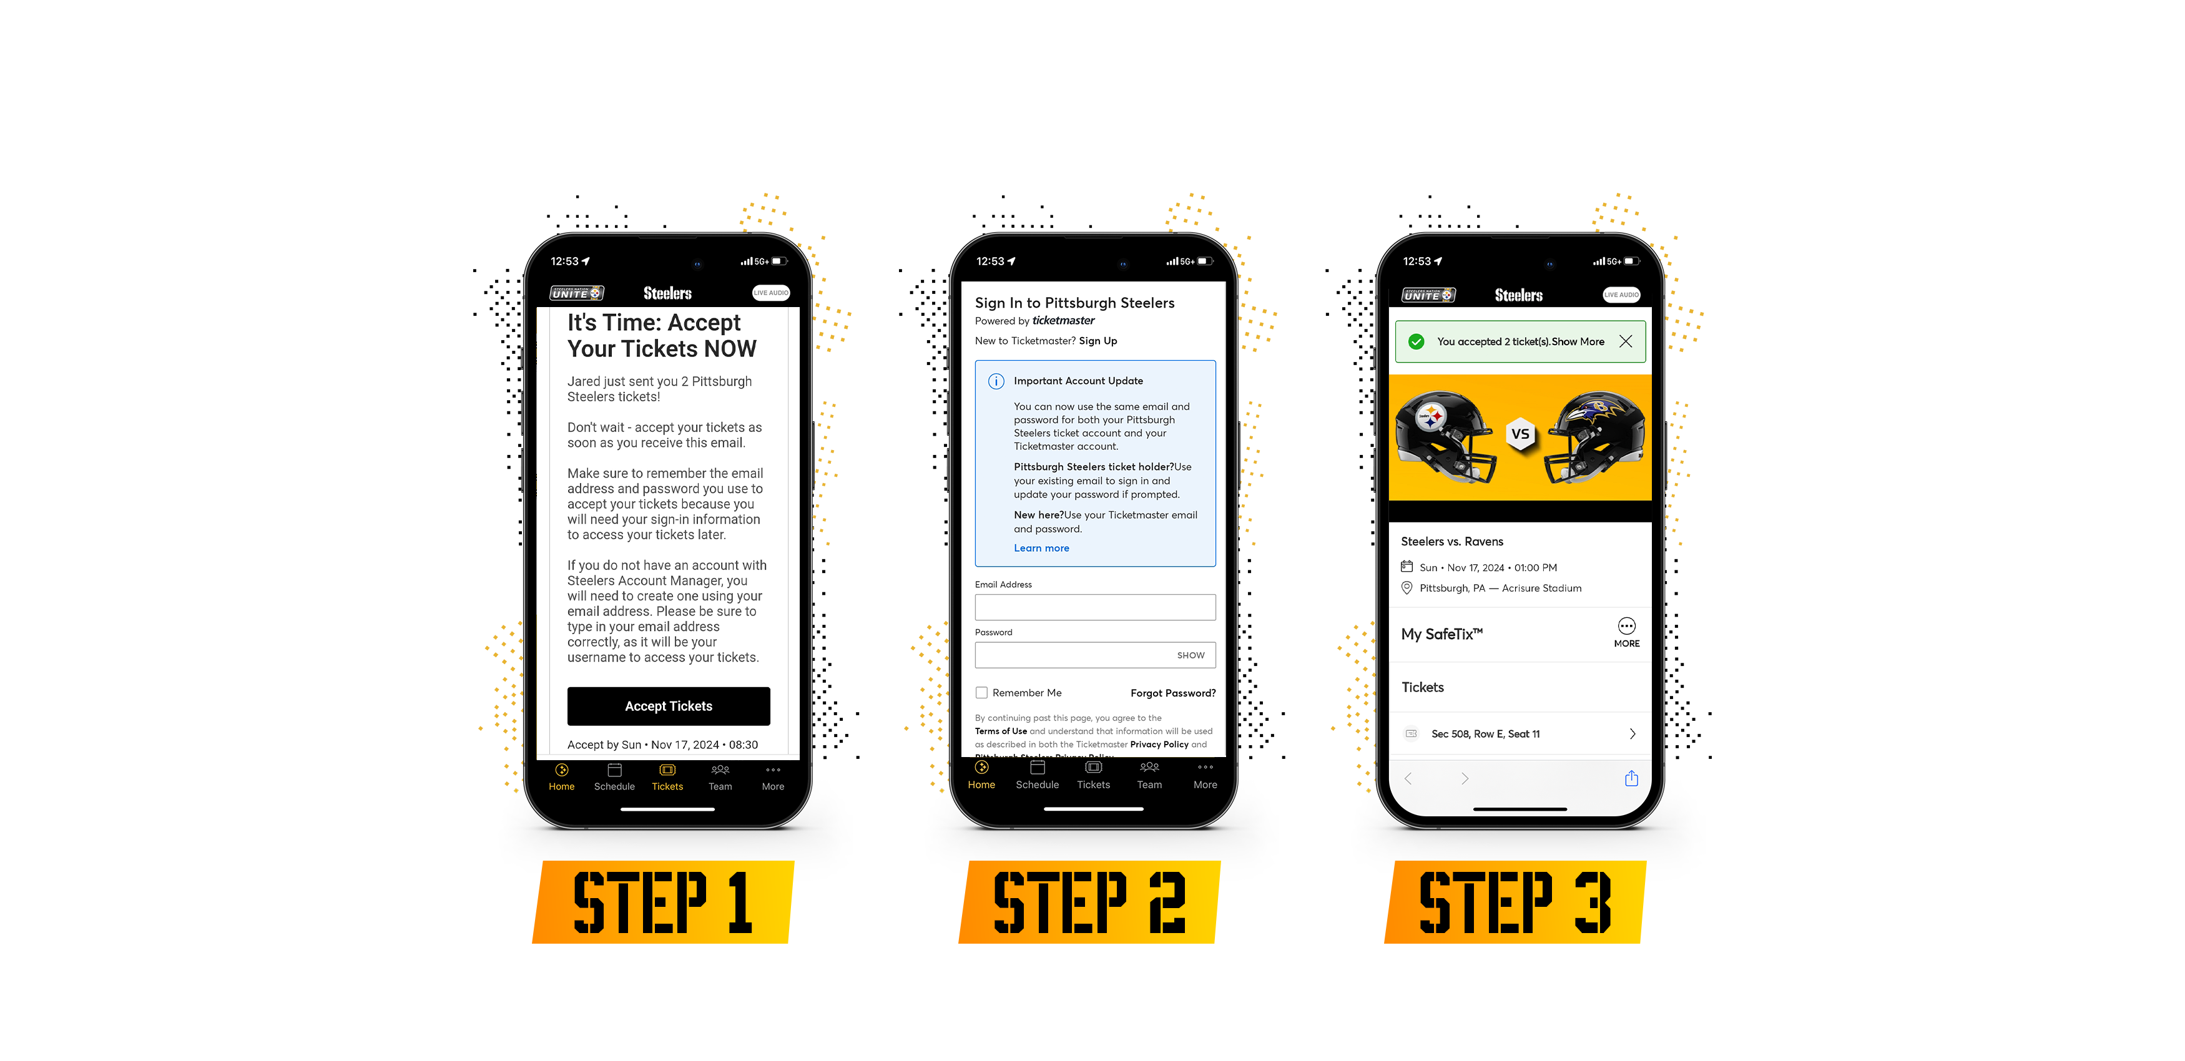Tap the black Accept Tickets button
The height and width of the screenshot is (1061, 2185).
click(x=669, y=706)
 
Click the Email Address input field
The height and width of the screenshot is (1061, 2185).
click(x=1094, y=607)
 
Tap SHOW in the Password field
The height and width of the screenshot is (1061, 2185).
click(x=1190, y=655)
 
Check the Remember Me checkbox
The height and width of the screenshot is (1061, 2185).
click(x=981, y=693)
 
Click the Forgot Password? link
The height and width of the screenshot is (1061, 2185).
click(x=1172, y=693)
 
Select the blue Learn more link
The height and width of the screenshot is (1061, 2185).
click(x=1041, y=548)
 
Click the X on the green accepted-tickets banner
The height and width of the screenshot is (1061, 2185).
click(x=1625, y=341)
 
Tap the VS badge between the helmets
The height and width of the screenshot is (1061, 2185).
click(x=1520, y=434)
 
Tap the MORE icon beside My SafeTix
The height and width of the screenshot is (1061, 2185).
click(x=1626, y=632)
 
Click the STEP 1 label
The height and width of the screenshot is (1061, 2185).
click(x=662, y=902)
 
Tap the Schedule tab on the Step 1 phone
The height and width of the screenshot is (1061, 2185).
click(x=614, y=776)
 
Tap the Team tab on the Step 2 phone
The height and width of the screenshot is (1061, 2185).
click(x=1149, y=775)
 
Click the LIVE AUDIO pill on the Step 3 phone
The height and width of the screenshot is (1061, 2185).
click(x=1621, y=295)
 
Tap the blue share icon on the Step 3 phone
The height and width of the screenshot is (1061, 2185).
click(x=1630, y=778)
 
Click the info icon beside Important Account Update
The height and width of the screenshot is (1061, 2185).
click(x=996, y=382)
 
